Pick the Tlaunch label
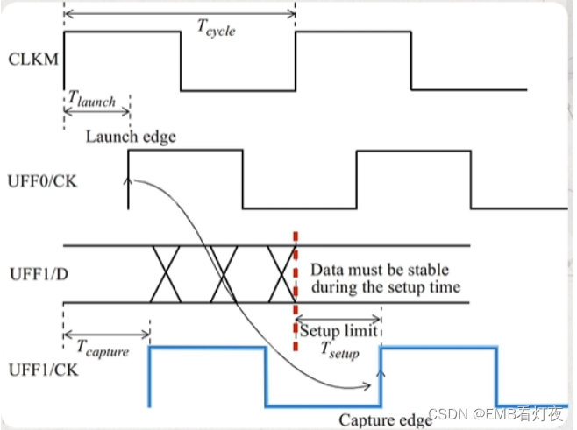[91, 99]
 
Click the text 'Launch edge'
[131, 137]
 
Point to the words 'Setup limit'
[338, 332]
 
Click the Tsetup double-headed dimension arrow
[338, 319]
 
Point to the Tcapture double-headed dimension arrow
[106, 335]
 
